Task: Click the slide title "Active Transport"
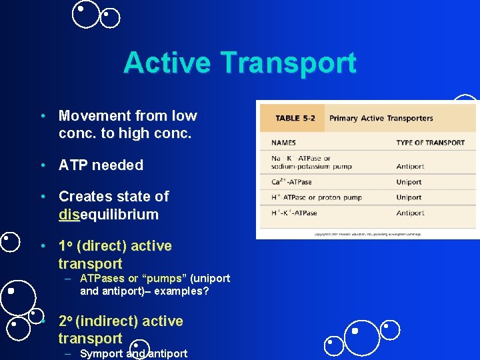(x=240, y=63)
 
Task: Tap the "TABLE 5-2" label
(x=295, y=119)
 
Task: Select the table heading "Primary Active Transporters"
(x=381, y=119)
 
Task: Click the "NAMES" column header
(x=283, y=143)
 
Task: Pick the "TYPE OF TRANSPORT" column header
(x=430, y=143)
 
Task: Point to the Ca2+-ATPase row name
(x=291, y=182)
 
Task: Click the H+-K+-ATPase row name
(x=294, y=213)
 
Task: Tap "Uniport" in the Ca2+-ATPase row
(x=409, y=182)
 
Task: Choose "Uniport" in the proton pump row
(x=409, y=197)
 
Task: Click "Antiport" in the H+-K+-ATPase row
(x=410, y=213)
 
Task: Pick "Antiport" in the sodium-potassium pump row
(x=410, y=166)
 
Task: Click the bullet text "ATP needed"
(x=101, y=165)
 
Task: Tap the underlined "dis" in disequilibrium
(x=69, y=215)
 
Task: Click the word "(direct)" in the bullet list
(x=101, y=246)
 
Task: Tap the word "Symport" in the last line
(x=101, y=353)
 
